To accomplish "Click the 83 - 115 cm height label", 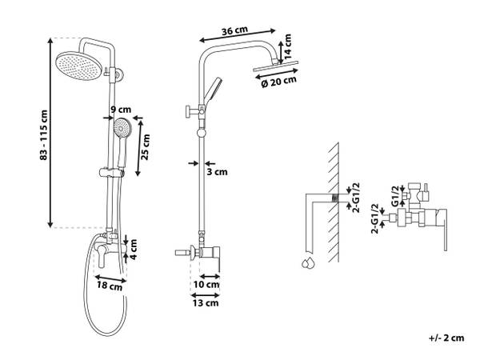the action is pyautogui.click(x=44, y=135).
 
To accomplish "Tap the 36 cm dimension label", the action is pyautogui.click(x=234, y=30).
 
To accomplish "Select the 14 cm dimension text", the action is pyautogui.click(x=287, y=46).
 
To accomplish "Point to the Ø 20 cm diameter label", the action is pyautogui.click(x=279, y=82).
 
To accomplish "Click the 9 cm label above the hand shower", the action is pyautogui.click(x=121, y=110).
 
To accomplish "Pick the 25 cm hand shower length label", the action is pyautogui.click(x=146, y=147).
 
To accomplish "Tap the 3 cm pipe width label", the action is pyautogui.click(x=217, y=172).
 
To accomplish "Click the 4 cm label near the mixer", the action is pyautogui.click(x=134, y=249).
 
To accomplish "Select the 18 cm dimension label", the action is pyautogui.click(x=110, y=286).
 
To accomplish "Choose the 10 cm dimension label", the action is pyautogui.click(x=206, y=284).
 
